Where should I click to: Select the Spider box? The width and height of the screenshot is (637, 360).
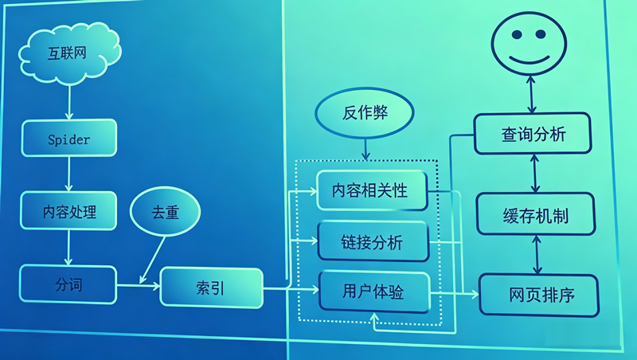pyautogui.click(x=69, y=139)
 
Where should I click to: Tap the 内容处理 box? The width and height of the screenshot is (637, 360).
pyautogui.click(x=69, y=212)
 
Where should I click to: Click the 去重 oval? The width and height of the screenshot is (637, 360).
pyautogui.click(x=166, y=213)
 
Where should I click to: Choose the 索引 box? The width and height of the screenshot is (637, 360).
pyautogui.click(x=211, y=288)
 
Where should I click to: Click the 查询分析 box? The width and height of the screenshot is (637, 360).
pyautogui.click(x=533, y=134)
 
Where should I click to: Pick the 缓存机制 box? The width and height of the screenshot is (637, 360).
pyautogui.click(x=535, y=215)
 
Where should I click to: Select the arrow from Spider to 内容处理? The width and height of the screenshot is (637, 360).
pyautogui.click(x=69, y=174)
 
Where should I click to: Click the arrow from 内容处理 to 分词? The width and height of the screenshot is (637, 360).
pyautogui.click(x=69, y=248)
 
